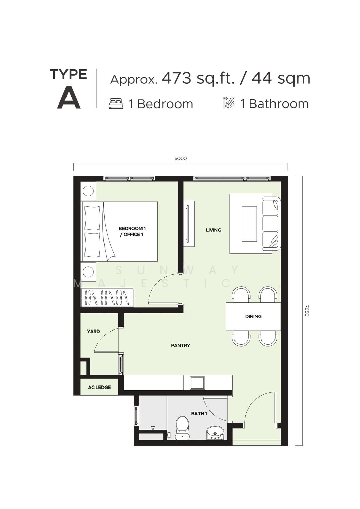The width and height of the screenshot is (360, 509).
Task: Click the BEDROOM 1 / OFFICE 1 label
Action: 132,231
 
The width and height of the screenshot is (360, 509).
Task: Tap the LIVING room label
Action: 213,230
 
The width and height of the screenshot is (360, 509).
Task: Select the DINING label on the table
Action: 253,316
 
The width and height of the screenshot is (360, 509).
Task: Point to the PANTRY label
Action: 181,346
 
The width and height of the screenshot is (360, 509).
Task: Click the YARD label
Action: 93,332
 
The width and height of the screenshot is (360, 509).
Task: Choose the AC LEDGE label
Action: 99,387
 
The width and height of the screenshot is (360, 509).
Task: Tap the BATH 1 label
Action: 199,414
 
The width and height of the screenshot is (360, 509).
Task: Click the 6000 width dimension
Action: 181,158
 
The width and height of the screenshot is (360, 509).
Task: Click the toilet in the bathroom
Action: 182,427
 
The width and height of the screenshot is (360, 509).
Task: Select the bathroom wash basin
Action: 215,433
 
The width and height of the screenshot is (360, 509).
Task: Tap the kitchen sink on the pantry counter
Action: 197,383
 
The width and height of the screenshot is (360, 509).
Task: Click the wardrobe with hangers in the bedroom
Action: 107,298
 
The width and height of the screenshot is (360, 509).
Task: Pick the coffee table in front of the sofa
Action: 249,224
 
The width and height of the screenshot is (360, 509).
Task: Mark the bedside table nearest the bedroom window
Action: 88,191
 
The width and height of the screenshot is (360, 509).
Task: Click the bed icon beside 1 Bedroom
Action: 116,103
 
